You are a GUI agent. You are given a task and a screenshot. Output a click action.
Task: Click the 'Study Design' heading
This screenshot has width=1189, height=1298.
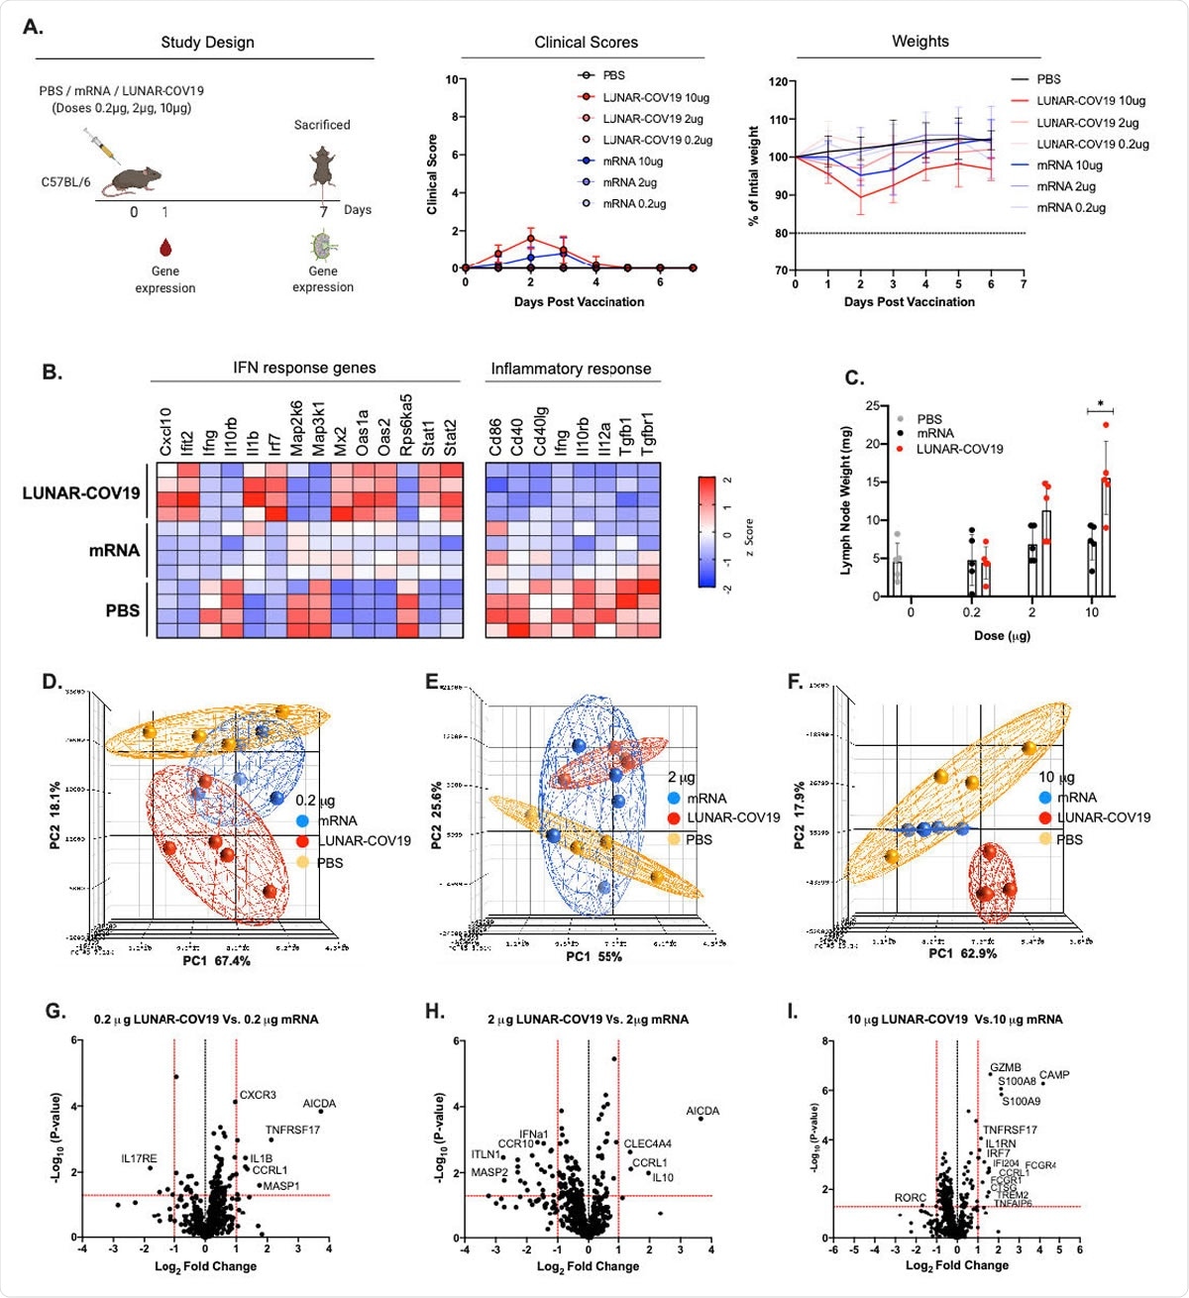(x=207, y=43)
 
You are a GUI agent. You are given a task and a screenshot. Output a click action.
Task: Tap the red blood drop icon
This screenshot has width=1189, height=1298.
(x=164, y=247)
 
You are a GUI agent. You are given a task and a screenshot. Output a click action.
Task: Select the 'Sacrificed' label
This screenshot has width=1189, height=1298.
(x=322, y=125)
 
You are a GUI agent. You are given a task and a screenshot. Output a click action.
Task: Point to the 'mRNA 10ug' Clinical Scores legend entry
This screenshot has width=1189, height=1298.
(x=632, y=162)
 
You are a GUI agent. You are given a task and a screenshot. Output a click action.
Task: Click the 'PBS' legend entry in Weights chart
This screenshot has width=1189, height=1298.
(x=1048, y=79)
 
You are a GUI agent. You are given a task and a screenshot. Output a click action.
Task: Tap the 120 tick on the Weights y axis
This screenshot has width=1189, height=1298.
(x=779, y=82)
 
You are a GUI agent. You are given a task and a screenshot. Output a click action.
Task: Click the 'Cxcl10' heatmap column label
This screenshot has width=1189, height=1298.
(x=165, y=432)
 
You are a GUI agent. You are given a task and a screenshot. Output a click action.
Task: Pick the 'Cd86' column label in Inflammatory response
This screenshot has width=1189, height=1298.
(x=495, y=437)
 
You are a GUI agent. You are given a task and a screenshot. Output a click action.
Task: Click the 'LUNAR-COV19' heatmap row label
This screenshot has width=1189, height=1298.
(x=81, y=493)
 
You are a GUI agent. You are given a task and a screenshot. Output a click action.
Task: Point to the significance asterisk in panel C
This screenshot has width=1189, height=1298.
(x=1100, y=404)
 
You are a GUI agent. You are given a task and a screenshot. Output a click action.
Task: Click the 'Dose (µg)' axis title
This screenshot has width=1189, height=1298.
(x=1002, y=635)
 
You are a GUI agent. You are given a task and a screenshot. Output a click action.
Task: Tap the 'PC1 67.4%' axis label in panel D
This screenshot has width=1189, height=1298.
(x=216, y=961)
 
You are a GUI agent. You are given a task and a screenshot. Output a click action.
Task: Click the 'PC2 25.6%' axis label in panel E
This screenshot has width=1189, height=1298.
(x=436, y=814)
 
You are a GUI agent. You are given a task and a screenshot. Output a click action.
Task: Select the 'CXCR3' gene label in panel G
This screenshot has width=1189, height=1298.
(x=258, y=1095)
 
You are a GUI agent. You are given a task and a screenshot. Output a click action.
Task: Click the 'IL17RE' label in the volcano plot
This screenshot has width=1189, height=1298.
(x=139, y=1158)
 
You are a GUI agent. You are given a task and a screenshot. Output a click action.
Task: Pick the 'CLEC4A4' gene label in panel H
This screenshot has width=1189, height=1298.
(x=647, y=1144)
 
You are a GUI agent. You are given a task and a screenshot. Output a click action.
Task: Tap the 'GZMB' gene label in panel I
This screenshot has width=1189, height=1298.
(x=1005, y=1068)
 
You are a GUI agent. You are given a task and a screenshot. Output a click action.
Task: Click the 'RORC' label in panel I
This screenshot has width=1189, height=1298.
(x=910, y=1198)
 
